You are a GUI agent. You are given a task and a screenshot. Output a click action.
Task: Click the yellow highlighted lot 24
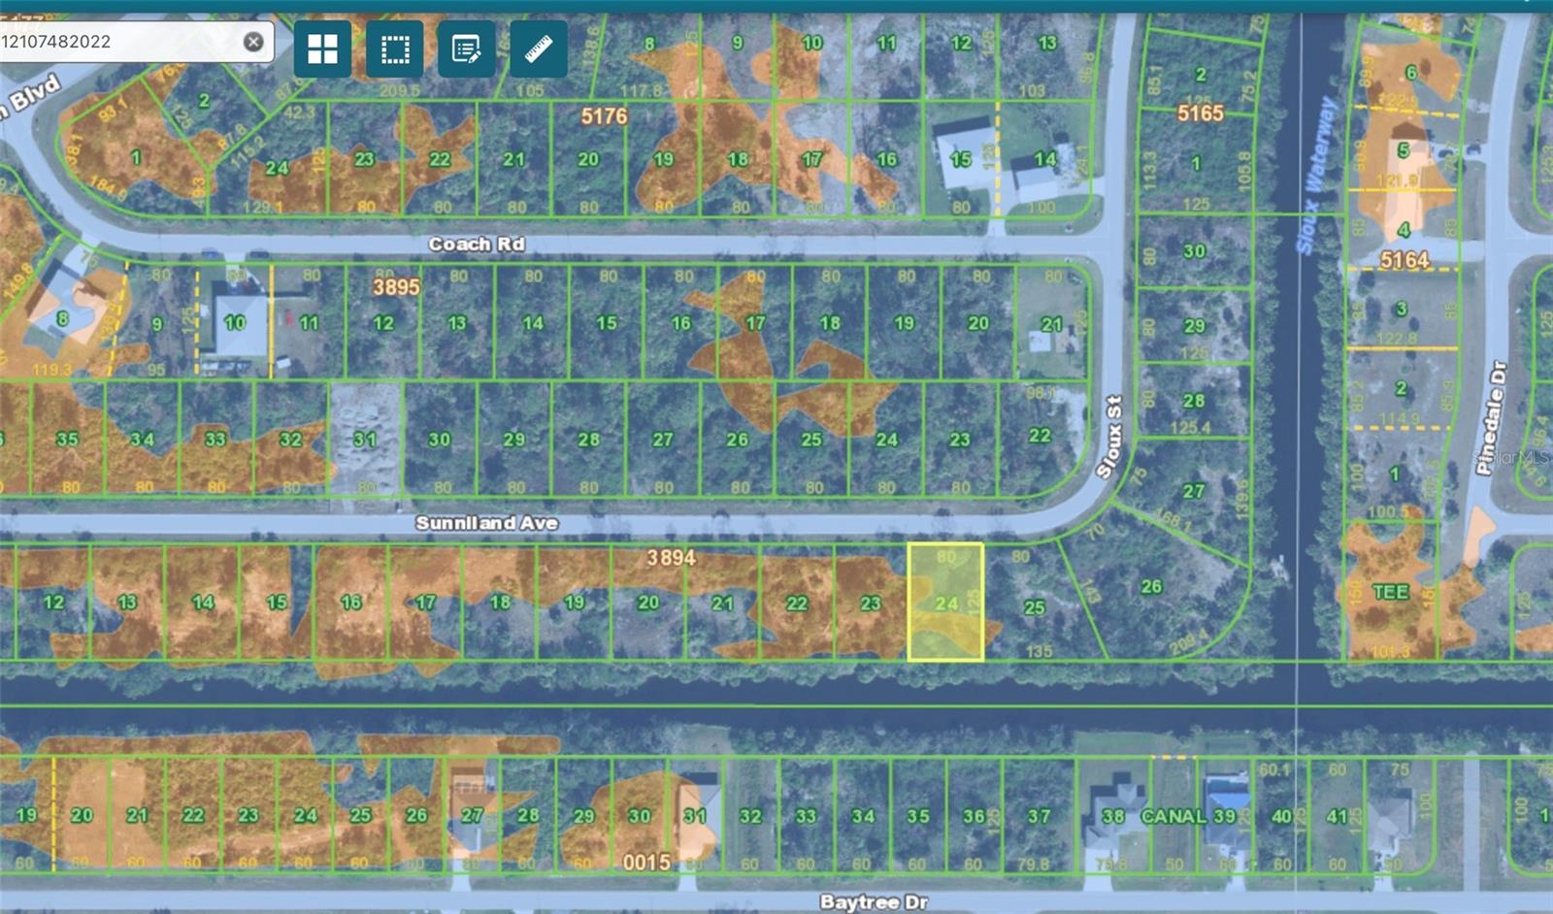[x=945, y=603]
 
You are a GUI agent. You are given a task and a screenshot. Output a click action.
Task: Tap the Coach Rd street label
[x=477, y=244]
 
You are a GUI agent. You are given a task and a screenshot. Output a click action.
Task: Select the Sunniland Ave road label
[x=486, y=523]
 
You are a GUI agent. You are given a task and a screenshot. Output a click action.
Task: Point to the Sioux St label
[x=1109, y=437]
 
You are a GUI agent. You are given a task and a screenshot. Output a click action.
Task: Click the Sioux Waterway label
[x=1316, y=175]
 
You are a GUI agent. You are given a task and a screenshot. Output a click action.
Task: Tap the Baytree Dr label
[x=874, y=901]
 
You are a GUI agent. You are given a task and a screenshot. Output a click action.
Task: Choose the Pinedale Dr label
[x=1490, y=417]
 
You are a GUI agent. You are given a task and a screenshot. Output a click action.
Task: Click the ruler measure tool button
[x=539, y=49]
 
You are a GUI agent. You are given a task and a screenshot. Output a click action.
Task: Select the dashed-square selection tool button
[x=395, y=49]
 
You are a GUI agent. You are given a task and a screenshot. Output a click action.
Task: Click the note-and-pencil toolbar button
[x=467, y=49]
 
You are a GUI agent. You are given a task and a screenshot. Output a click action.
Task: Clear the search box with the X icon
[x=253, y=42]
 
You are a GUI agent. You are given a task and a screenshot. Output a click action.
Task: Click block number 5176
[x=604, y=116]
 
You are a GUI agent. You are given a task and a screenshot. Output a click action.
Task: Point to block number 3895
[x=396, y=287]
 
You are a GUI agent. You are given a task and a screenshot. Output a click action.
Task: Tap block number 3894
[x=671, y=558]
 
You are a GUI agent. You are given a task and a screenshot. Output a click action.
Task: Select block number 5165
[x=1200, y=114]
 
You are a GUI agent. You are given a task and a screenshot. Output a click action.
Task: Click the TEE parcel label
[x=1390, y=592]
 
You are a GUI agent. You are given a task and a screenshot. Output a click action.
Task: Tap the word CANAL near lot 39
[x=1173, y=816]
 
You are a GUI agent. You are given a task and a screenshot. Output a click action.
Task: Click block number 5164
[x=1404, y=260]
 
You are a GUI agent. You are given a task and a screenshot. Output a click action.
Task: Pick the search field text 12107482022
[x=56, y=42]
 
